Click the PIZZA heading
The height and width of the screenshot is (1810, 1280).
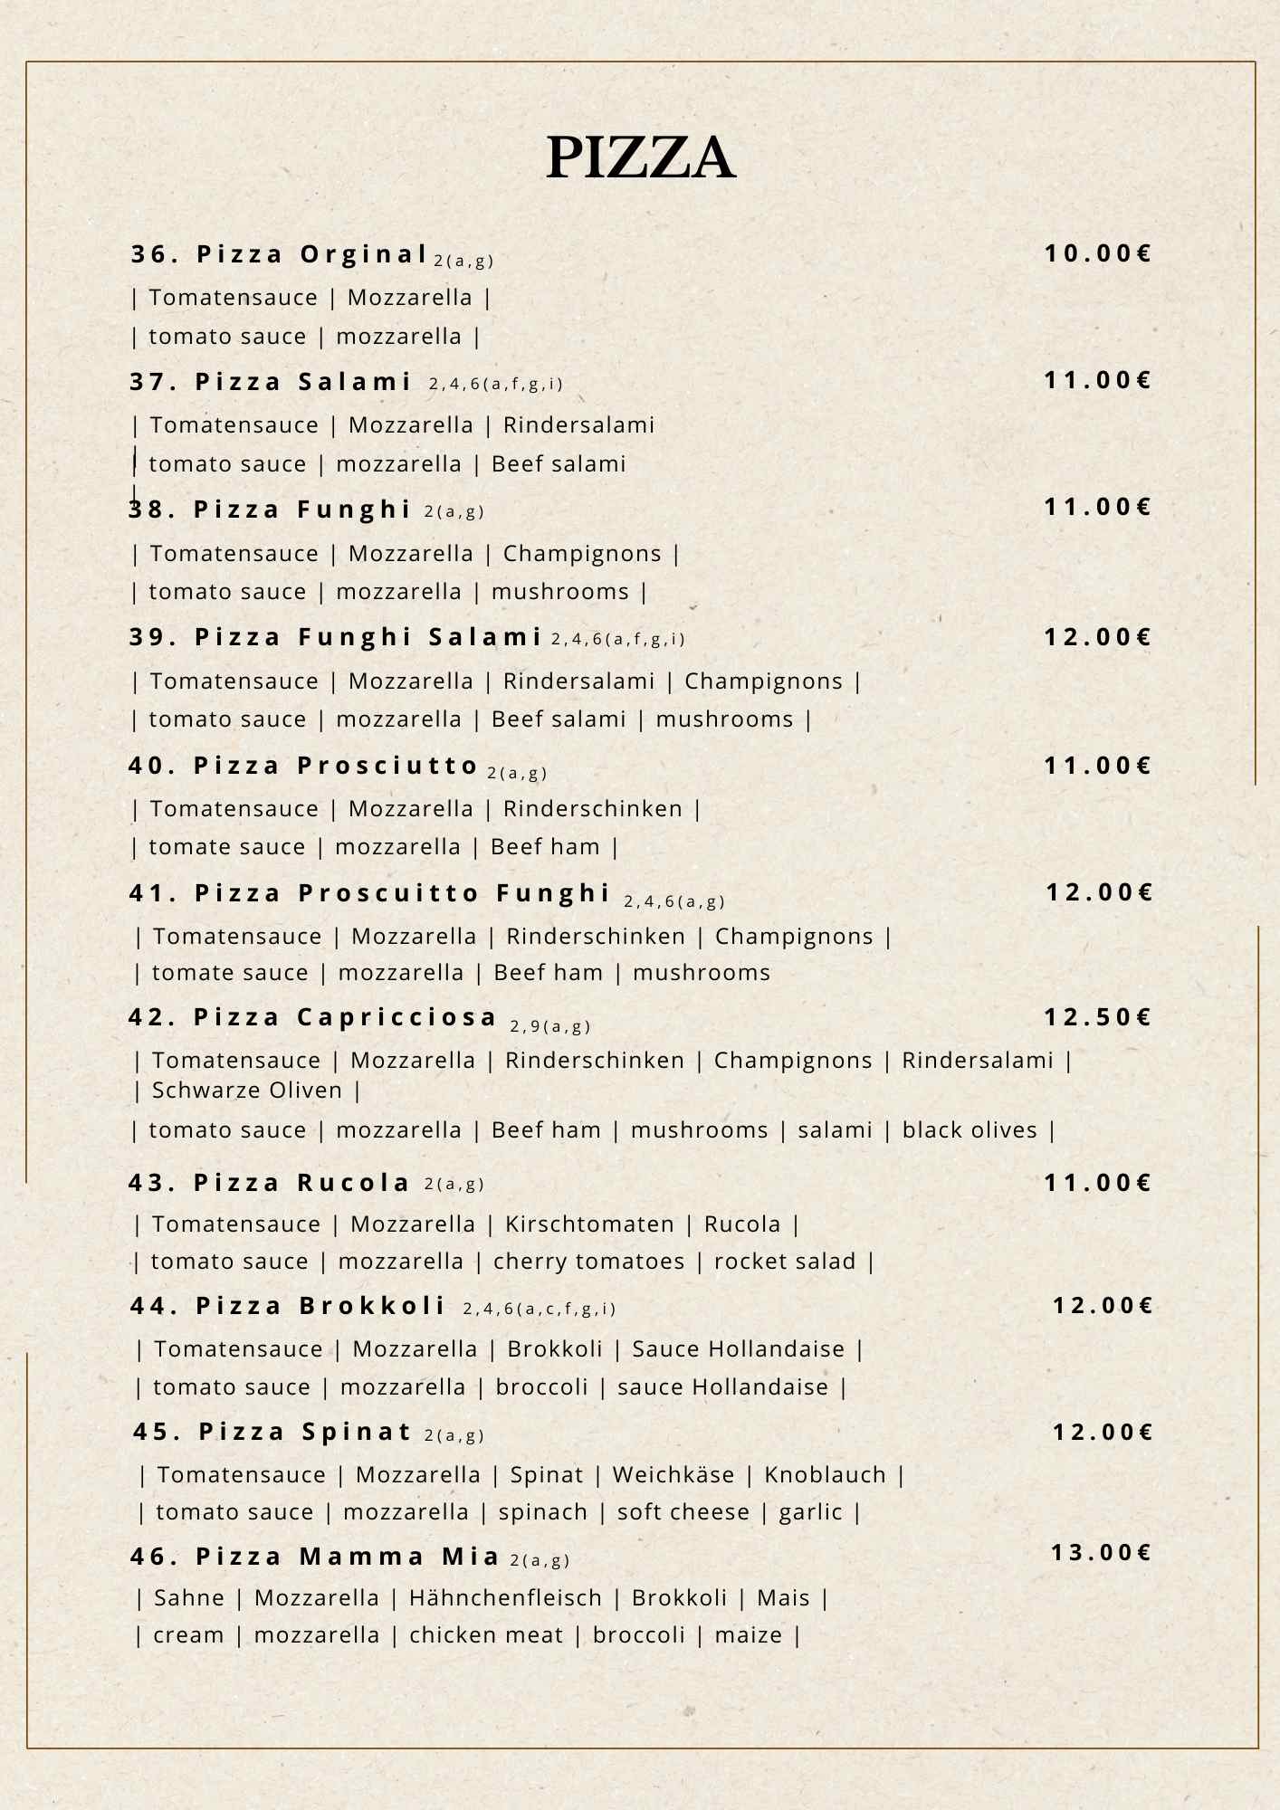coord(640,157)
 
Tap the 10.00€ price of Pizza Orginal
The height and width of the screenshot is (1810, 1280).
coord(1098,253)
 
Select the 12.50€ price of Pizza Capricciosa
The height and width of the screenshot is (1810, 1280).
coord(1097,1017)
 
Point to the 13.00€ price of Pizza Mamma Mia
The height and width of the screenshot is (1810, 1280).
coord(1101,1553)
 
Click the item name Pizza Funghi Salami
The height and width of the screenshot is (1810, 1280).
coord(335,637)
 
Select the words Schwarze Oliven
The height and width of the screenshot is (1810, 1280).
coord(247,1091)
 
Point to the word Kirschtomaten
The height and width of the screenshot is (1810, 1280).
coord(589,1224)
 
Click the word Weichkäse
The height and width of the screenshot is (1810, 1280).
coord(673,1475)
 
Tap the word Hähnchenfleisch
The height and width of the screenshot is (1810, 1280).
coord(505,1598)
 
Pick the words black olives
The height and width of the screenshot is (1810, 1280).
coord(970,1130)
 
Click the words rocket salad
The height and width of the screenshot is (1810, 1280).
coord(785,1262)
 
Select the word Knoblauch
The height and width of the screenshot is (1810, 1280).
coord(825,1475)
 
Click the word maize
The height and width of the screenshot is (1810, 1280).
coord(748,1635)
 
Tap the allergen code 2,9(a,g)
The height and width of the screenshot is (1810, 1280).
coord(550,1026)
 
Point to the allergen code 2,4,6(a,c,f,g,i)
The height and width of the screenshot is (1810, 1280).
coord(540,1309)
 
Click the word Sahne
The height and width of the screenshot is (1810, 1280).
coord(189,1598)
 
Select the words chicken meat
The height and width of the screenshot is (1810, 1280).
coord(486,1635)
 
